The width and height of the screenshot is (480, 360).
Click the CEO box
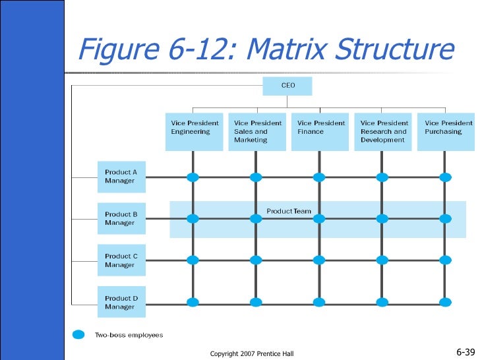point(287,86)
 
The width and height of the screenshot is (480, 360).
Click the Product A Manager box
point(121,177)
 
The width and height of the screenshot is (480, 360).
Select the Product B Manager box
point(121,218)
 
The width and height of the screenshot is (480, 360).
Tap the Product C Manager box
point(121,260)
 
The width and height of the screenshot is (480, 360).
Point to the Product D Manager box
point(121,303)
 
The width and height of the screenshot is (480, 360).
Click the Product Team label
point(289,212)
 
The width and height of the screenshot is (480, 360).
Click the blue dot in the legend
point(79,335)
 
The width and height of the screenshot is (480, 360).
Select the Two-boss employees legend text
point(129,335)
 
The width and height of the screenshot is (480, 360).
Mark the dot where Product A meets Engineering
point(193,177)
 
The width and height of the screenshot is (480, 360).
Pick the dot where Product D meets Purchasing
point(446,302)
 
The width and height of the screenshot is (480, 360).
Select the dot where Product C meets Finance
point(319,260)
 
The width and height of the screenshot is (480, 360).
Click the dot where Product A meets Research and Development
point(382,177)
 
